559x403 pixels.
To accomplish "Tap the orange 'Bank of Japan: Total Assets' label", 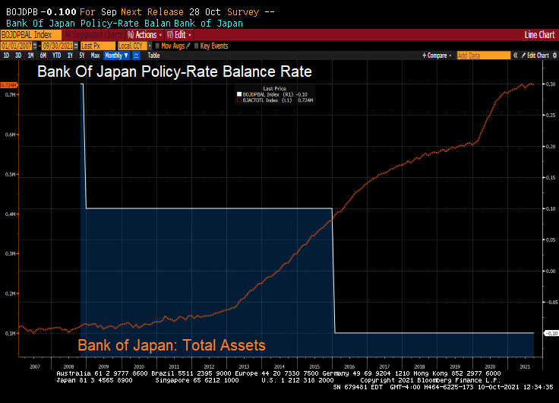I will click(172, 345).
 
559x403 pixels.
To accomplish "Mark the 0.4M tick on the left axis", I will click(11, 214).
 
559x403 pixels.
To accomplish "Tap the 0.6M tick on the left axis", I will click(11, 135).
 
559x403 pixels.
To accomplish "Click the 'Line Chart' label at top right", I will click(539, 35).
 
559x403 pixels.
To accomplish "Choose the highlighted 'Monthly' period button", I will click(115, 56).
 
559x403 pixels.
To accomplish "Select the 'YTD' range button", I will click(56, 56).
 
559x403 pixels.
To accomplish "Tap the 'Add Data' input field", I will click(483, 56).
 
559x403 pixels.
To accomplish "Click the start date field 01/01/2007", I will click(16, 46).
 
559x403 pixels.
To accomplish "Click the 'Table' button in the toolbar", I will click(153, 56).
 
